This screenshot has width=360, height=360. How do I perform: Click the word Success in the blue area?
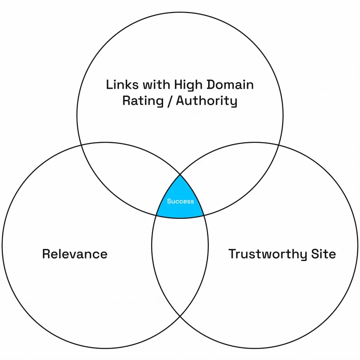[180, 201]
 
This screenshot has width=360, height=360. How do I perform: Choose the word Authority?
[207, 101]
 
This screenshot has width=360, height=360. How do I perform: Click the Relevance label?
[75, 254]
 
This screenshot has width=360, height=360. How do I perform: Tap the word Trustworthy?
[265, 254]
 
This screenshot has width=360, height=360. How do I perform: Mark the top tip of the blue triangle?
[180, 175]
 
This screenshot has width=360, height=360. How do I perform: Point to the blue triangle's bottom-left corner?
[156, 216]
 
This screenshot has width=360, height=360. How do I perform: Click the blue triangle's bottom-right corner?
[204, 216]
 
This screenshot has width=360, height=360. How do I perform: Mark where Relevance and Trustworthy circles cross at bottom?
[180, 316]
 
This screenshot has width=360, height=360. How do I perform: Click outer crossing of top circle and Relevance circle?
[81, 145]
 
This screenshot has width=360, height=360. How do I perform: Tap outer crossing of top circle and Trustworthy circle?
[279, 145]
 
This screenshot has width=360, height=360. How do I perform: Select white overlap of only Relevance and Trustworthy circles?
[180, 259]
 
